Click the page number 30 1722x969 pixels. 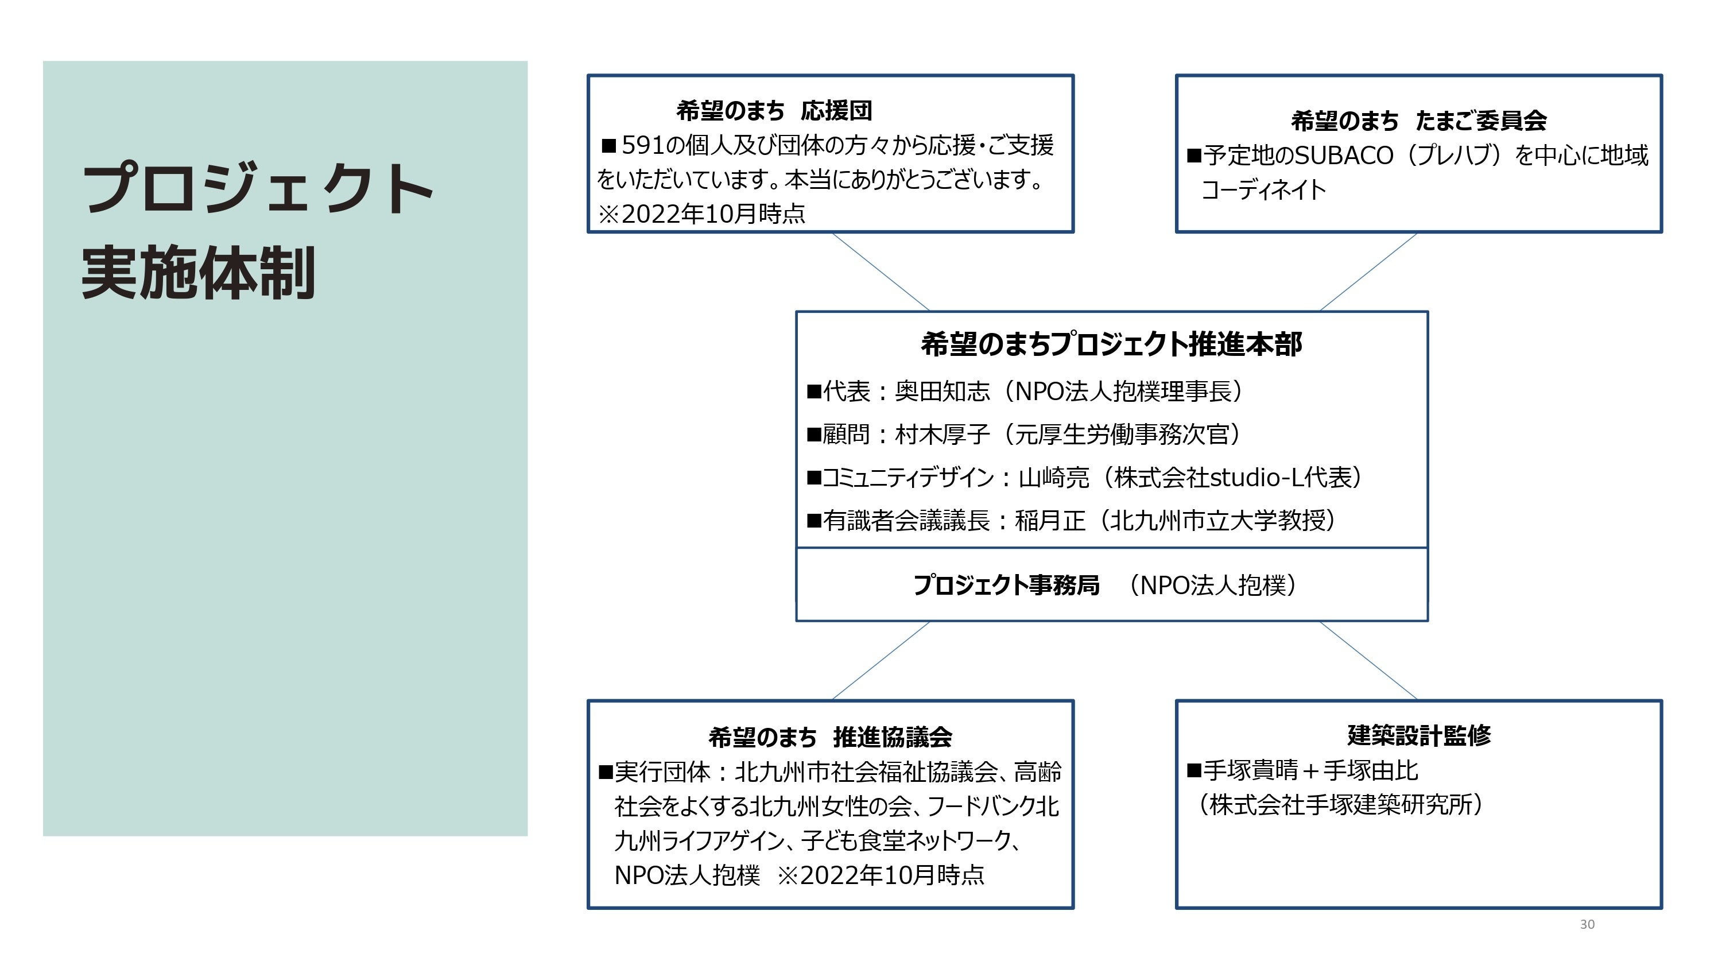coord(1587,924)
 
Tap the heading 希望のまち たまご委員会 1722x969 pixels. coord(1418,121)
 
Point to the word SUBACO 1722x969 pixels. coord(1344,156)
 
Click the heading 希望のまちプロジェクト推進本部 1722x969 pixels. coord(1111,344)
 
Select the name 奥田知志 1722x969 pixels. coord(942,391)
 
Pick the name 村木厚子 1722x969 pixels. coord(942,435)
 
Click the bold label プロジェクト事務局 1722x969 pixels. coord(1006,585)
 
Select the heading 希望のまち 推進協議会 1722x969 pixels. coord(829,738)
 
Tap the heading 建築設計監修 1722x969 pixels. coord(1418,735)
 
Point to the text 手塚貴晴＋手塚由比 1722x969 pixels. coord(1310,770)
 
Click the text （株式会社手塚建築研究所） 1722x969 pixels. coord(1340,804)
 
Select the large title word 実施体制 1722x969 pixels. coord(198,273)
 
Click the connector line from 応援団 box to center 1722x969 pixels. coord(881,272)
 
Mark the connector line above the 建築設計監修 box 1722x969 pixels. coord(1368,661)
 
